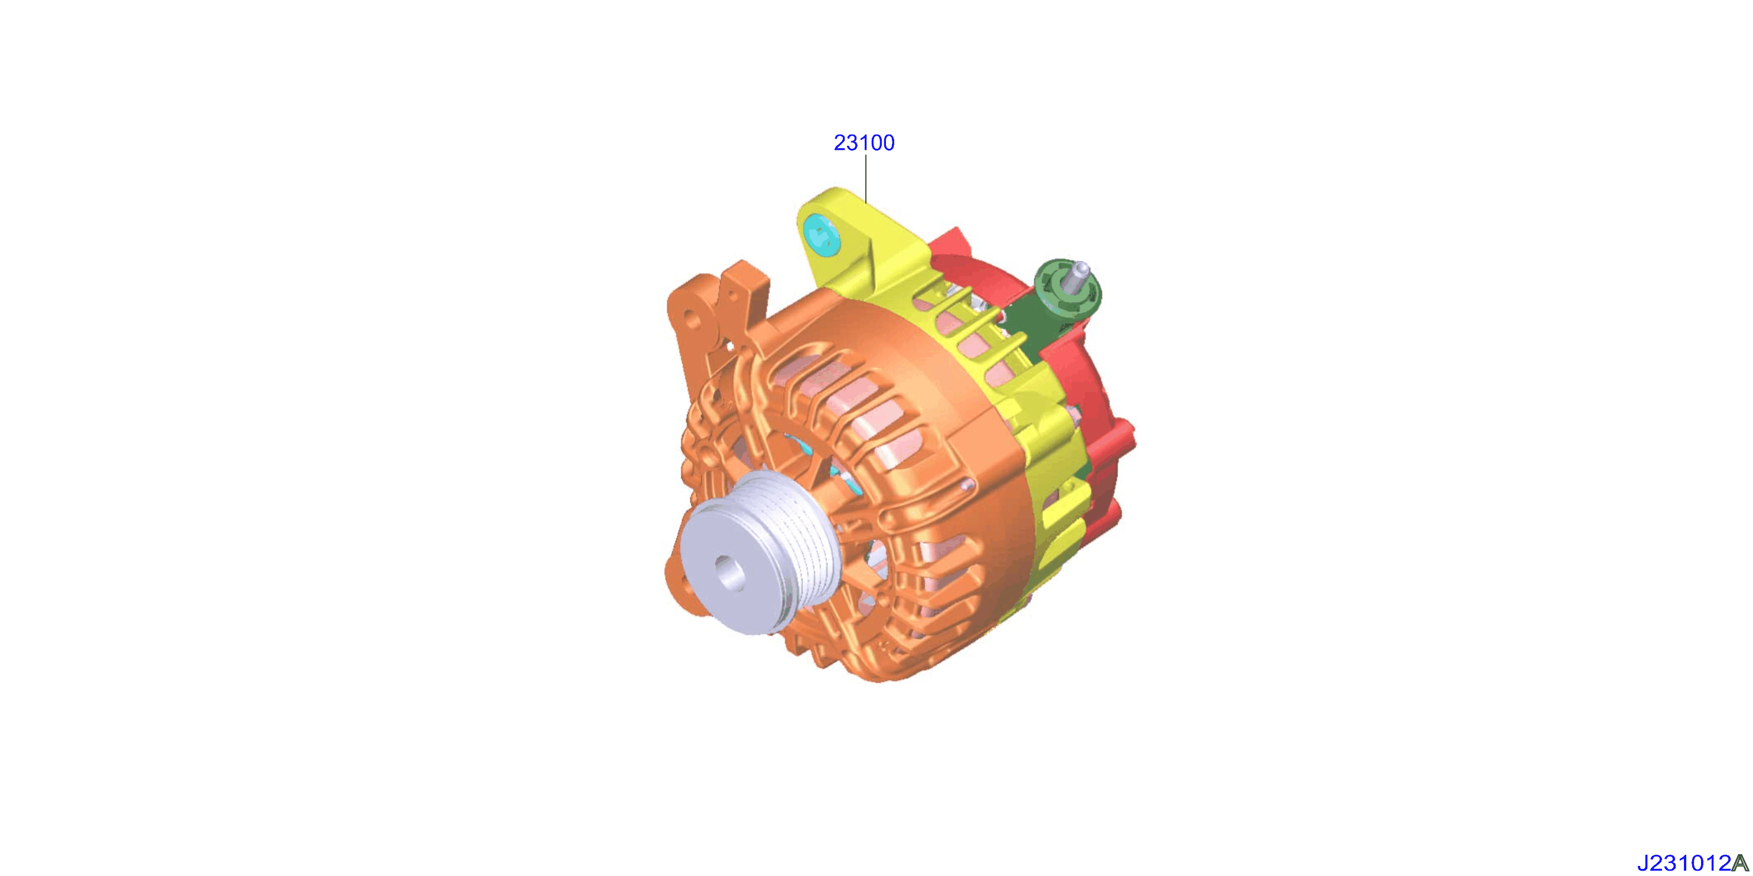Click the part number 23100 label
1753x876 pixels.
pos(864,143)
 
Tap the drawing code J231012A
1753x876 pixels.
pos(1694,863)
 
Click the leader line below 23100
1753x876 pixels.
pos(866,179)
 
